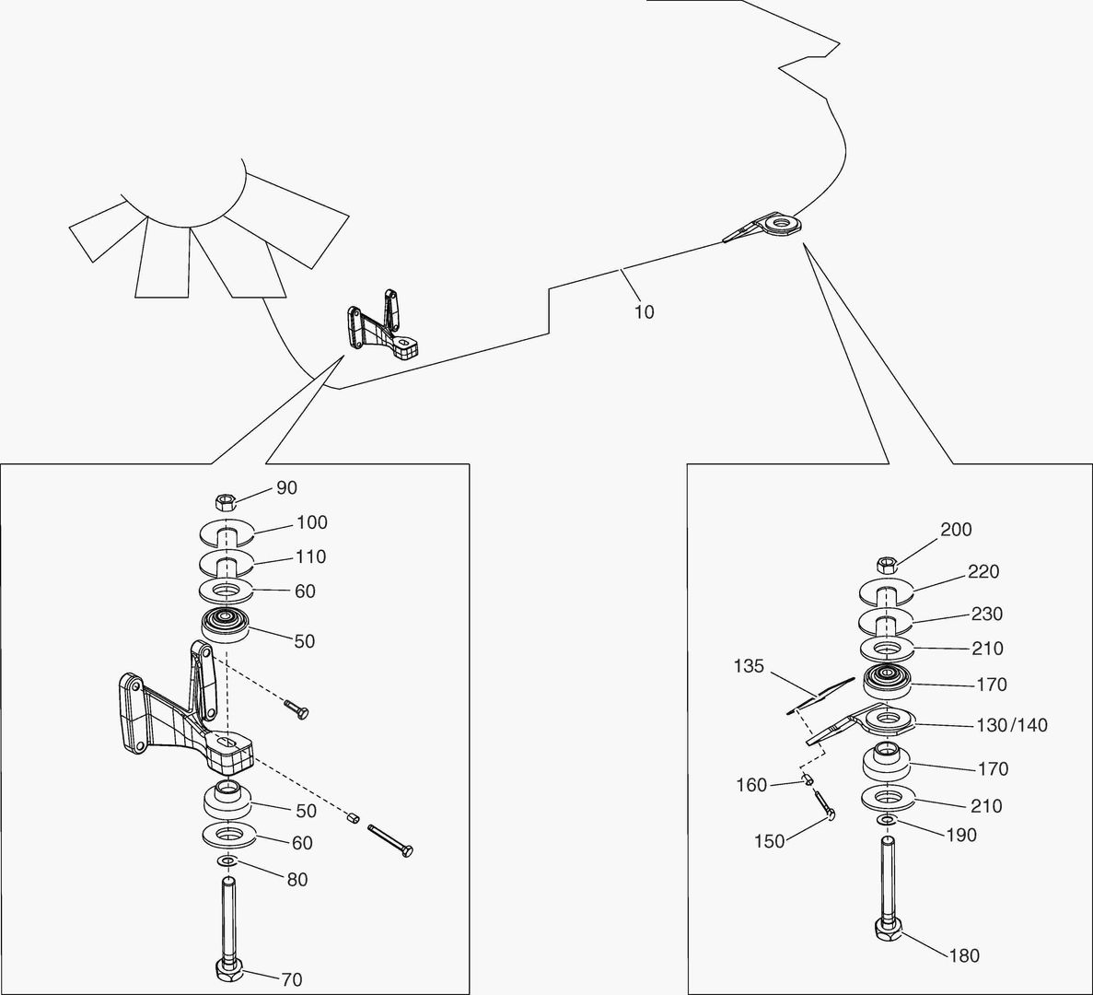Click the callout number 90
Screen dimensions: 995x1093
click(x=286, y=487)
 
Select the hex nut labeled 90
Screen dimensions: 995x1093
click(x=226, y=502)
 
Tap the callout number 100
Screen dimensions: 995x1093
click(x=311, y=522)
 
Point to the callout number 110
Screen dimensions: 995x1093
click(x=311, y=556)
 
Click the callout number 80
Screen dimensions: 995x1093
click(x=297, y=880)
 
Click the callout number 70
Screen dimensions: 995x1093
click(x=291, y=979)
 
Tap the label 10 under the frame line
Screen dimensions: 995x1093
click(x=644, y=312)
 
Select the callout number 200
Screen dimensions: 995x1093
click(x=956, y=530)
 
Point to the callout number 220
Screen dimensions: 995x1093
click(x=983, y=572)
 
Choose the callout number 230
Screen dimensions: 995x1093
click(x=987, y=615)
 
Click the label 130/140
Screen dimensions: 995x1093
click(x=1011, y=725)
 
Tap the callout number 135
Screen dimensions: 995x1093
click(x=749, y=666)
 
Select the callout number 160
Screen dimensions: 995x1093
click(x=751, y=785)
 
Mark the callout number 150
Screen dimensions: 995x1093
click(x=769, y=840)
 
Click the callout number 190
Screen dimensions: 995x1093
click(x=961, y=835)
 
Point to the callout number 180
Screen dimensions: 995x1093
click(x=964, y=955)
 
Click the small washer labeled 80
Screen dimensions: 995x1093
click(x=227, y=860)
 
